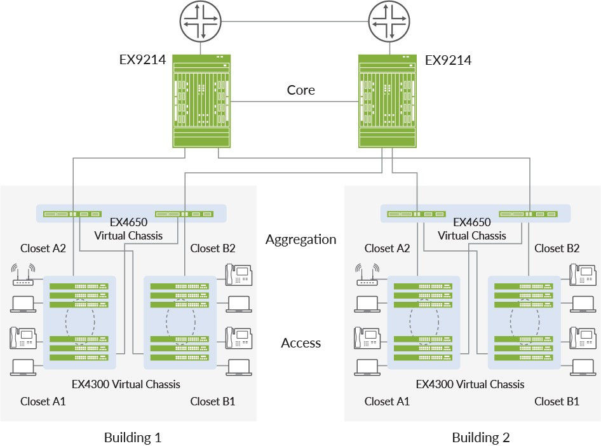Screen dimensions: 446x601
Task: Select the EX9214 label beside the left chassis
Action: tap(143, 60)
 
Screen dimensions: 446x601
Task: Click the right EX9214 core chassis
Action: tap(388, 102)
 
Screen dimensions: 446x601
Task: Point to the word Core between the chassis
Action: tap(300, 90)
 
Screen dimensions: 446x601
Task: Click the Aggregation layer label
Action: tap(300, 240)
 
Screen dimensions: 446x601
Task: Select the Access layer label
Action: tap(300, 343)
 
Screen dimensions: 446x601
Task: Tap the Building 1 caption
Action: tap(133, 437)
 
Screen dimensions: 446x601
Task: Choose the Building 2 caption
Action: tap(481, 437)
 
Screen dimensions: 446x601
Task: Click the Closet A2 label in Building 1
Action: tap(43, 248)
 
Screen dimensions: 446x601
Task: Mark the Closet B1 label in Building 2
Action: tap(557, 401)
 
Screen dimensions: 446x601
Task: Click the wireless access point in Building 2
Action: tap(367, 274)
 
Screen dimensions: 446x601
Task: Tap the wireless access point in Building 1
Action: tap(23, 274)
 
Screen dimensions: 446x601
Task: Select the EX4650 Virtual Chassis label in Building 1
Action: tap(128, 229)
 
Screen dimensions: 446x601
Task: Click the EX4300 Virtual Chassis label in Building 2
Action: tap(470, 384)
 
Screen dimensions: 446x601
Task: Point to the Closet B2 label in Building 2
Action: tap(557, 248)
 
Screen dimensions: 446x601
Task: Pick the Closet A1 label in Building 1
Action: tap(43, 401)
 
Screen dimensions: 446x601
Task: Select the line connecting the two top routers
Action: tap(295, 21)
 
